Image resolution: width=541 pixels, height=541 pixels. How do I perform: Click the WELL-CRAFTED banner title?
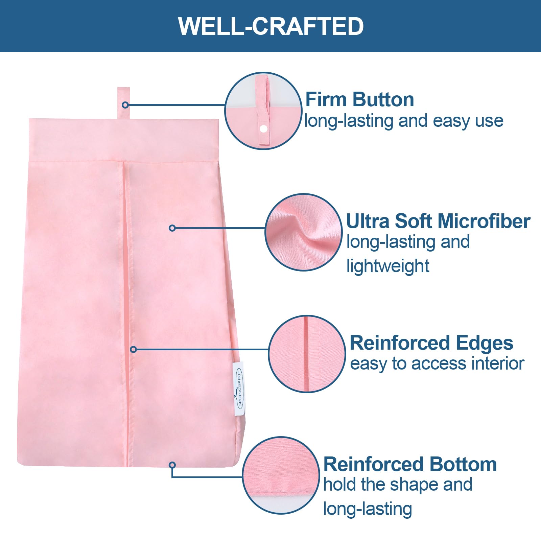(271, 26)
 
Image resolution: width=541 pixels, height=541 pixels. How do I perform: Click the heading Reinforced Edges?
(431, 343)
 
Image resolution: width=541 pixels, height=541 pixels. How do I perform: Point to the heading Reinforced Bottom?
(410, 464)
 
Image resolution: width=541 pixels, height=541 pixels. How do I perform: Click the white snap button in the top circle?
(263, 129)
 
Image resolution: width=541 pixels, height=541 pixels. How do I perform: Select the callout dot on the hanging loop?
(125, 105)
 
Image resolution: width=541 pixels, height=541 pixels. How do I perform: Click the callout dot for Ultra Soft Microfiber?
(172, 228)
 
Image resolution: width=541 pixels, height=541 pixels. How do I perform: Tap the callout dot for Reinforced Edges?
(134, 349)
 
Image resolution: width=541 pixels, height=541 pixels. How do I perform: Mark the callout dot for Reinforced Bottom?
(172, 465)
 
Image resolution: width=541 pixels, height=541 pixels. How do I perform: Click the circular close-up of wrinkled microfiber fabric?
(304, 232)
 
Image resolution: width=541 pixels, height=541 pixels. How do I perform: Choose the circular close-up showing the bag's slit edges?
(307, 354)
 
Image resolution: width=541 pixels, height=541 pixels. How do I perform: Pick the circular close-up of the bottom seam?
(281, 475)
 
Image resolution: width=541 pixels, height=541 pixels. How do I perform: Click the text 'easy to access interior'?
(437, 364)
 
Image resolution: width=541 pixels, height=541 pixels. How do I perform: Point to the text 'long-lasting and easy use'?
(404, 121)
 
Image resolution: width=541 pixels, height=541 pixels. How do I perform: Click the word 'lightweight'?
(388, 266)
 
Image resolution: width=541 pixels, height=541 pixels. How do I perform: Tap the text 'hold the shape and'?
(398, 485)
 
